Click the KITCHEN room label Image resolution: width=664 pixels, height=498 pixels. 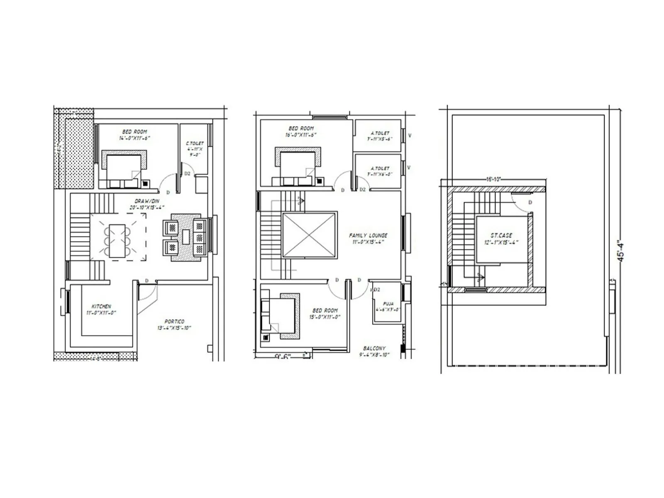(101, 307)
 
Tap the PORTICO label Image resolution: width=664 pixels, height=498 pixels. (174, 322)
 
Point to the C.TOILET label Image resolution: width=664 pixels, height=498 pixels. (195, 144)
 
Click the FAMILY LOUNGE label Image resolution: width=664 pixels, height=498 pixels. (368, 235)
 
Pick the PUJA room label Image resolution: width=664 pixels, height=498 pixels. (388, 304)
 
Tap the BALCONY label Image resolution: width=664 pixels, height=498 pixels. (374, 349)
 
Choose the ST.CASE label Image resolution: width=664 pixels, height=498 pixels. (501, 235)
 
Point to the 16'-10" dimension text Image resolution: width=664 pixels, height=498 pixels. (494, 180)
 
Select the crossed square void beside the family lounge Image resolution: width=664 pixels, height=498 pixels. (310, 235)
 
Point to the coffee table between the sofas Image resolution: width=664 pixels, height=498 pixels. (186, 237)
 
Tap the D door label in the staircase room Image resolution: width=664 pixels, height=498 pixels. (530, 203)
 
